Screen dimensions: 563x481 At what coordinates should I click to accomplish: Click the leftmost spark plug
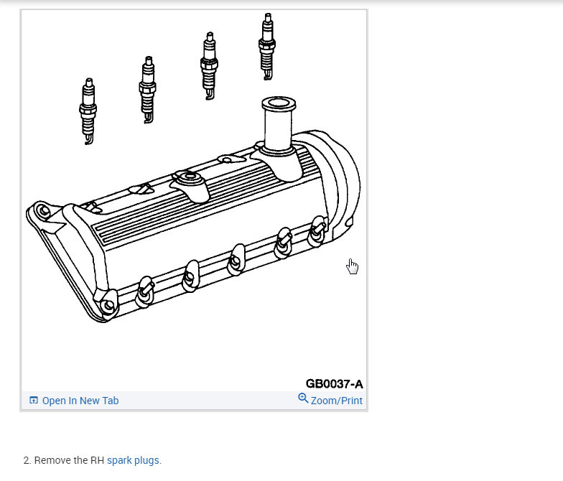[x=88, y=111]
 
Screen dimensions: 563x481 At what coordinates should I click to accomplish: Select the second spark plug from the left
[x=147, y=90]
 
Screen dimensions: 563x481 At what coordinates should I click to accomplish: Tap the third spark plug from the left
[x=209, y=66]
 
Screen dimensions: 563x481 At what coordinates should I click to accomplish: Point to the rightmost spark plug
[x=267, y=47]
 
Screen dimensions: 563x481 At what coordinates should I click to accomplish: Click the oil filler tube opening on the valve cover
[x=279, y=103]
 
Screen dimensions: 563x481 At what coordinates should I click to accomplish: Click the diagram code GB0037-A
[x=335, y=383]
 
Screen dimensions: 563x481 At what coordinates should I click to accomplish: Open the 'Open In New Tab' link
[x=80, y=401]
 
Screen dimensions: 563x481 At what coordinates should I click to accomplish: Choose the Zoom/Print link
[x=336, y=401]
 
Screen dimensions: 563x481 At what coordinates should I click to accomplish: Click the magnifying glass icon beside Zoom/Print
[x=303, y=398]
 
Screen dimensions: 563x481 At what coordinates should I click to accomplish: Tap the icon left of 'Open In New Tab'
[x=33, y=401]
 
